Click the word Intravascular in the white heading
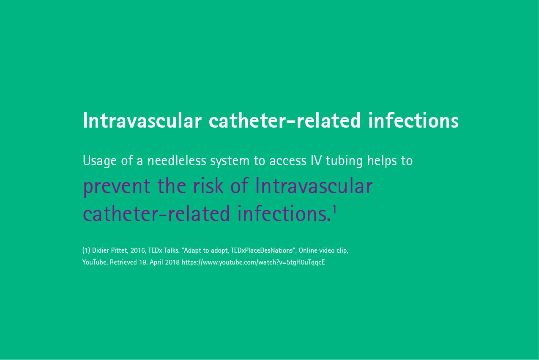[142, 120]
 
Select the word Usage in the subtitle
[100, 161]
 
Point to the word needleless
[177, 161]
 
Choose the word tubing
[344, 161]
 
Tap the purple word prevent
[117, 187]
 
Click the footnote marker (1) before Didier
[86, 250]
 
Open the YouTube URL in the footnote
[253, 262]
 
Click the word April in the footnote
[156, 262]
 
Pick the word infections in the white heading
[413, 120]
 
